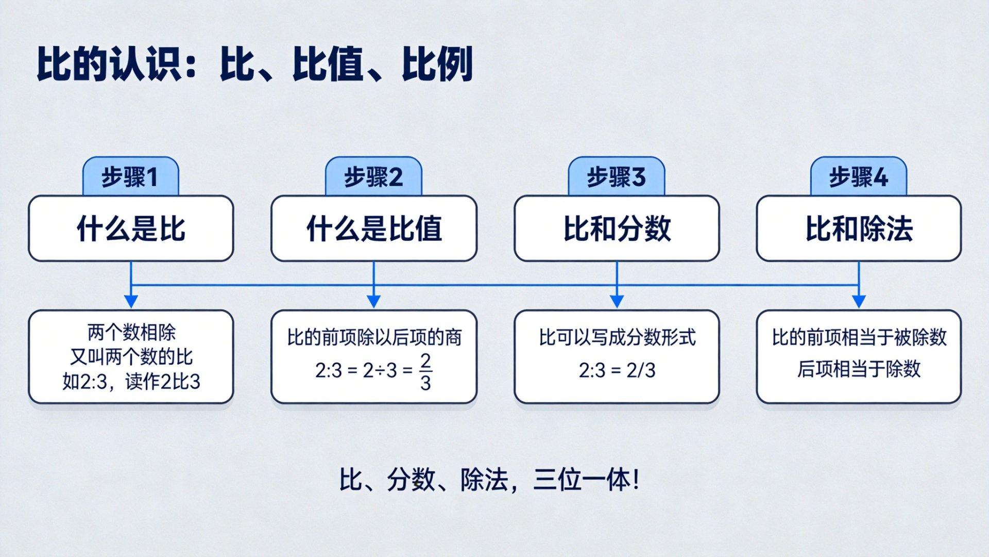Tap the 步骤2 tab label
[x=373, y=177]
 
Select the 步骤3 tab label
[x=617, y=177]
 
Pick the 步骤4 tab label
[x=859, y=177]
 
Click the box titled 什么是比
[x=131, y=228]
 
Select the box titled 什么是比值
[x=374, y=228]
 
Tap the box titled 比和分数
[x=617, y=228]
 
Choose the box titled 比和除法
[x=859, y=228]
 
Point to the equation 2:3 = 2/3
[x=617, y=370]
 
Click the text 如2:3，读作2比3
[x=131, y=382]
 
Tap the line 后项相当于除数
[x=859, y=369]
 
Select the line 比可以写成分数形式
[x=617, y=338]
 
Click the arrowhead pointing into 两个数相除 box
[x=131, y=302]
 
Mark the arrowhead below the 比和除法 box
[x=859, y=302]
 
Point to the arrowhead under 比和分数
[x=617, y=302]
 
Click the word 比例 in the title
[x=437, y=64]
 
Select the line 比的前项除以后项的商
[x=374, y=338]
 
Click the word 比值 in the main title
[x=328, y=64]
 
